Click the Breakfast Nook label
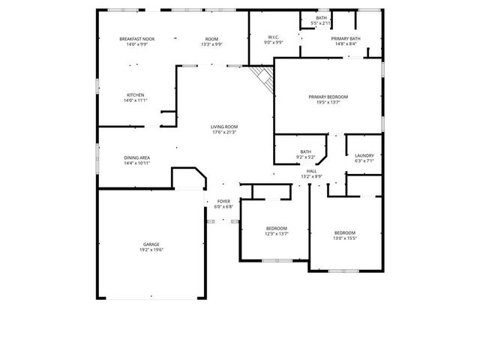click(x=136, y=38)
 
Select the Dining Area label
click(x=136, y=157)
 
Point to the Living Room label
click(x=223, y=127)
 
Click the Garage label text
click(x=151, y=244)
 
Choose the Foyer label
click(x=223, y=201)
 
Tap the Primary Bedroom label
click(x=328, y=97)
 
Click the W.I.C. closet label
click(x=274, y=37)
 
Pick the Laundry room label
click(x=364, y=155)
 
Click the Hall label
click(x=311, y=171)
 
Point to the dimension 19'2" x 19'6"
click(x=151, y=250)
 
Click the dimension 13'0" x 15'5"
click(x=345, y=238)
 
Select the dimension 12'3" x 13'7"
click(x=276, y=233)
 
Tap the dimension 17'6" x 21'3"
click(x=223, y=132)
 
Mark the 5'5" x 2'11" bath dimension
click(x=321, y=23)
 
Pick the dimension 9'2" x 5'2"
click(x=305, y=157)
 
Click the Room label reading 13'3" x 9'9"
click(x=212, y=43)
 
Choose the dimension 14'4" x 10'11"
click(x=136, y=163)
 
